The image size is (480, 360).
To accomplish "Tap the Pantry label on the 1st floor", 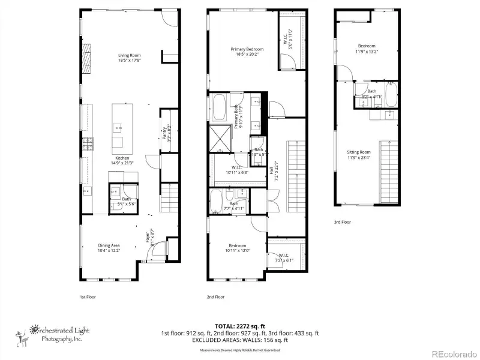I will [x=164, y=133].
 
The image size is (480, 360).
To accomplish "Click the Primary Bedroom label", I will [x=247, y=49].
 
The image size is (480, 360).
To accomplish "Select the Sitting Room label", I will [x=358, y=152].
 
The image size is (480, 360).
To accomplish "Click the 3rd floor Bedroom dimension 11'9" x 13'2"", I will [x=367, y=52].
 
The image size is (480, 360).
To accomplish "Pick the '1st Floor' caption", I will [x=88, y=297].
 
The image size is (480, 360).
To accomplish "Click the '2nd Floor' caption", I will [x=215, y=297].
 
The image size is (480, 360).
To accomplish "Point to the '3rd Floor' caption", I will [x=343, y=222].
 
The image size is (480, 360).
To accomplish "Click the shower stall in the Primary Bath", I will [x=219, y=137].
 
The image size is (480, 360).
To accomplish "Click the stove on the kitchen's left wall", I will [x=87, y=144].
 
